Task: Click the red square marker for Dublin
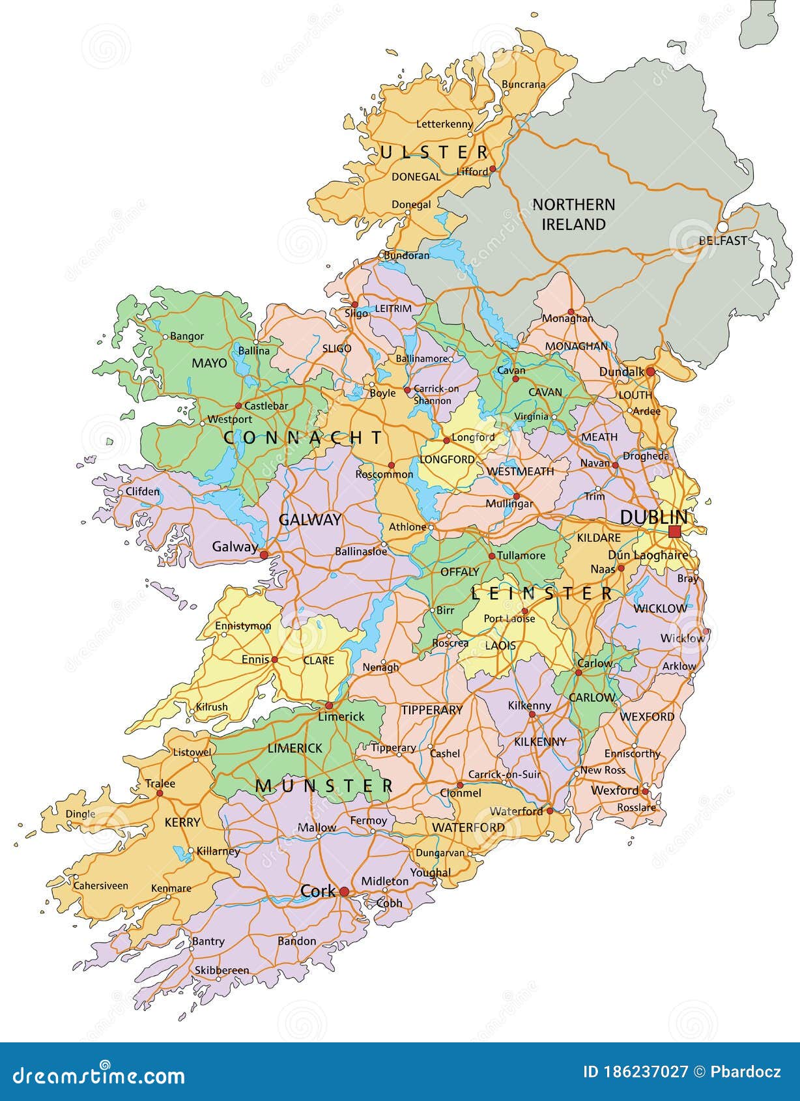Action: click(x=674, y=532)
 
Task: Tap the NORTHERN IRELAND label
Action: click(x=573, y=214)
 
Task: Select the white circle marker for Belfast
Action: click(x=722, y=227)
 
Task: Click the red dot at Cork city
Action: click(x=344, y=892)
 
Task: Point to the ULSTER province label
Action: click(x=435, y=153)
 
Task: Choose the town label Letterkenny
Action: click(x=444, y=124)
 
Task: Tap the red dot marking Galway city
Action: click(x=264, y=555)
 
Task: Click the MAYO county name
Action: click(x=209, y=363)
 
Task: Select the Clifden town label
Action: click(x=142, y=491)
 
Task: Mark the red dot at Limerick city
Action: click(x=329, y=706)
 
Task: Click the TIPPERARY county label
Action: click(x=431, y=709)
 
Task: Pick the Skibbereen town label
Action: click(x=221, y=970)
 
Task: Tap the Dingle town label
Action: click(x=80, y=814)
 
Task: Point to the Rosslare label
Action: click(x=636, y=808)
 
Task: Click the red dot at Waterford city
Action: click(x=550, y=810)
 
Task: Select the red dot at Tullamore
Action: click(x=492, y=556)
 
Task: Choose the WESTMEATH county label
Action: click(x=520, y=471)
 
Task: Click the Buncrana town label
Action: click(x=524, y=84)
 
